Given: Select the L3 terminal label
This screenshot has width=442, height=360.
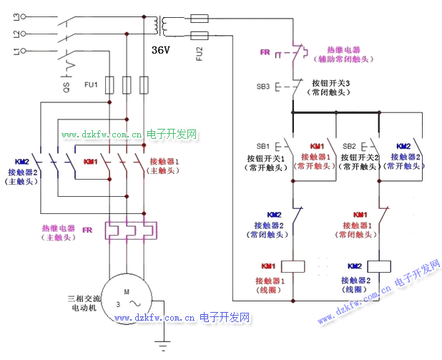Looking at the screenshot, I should (x=9, y=16).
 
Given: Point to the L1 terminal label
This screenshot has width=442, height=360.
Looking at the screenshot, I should (x=9, y=49).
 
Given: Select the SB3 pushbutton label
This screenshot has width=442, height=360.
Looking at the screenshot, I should (x=263, y=86).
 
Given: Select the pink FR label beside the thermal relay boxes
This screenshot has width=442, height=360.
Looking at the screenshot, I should (x=88, y=230).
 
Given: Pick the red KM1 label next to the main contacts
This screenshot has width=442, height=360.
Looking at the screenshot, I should (x=91, y=162).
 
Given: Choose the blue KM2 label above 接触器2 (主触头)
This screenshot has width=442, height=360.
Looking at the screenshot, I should (x=22, y=162).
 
